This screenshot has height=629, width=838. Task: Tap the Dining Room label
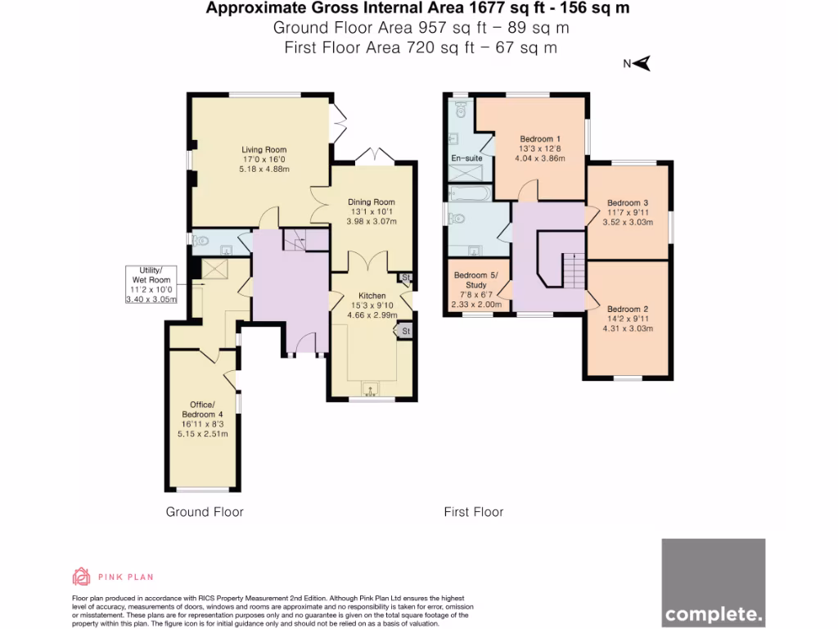[x=372, y=201]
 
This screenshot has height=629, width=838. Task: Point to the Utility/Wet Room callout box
[x=155, y=285]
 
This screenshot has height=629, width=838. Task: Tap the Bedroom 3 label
[x=628, y=202]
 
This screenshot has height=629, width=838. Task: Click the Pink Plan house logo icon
[x=81, y=577]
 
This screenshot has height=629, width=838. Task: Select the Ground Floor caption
[x=205, y=512]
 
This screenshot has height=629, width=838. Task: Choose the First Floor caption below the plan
[x=474, y=512]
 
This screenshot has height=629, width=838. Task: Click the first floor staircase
[x=573, y=270]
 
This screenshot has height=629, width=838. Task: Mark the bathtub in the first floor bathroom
[x=470, y=193]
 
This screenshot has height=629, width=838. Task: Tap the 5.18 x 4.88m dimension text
[x=264, y=169]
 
